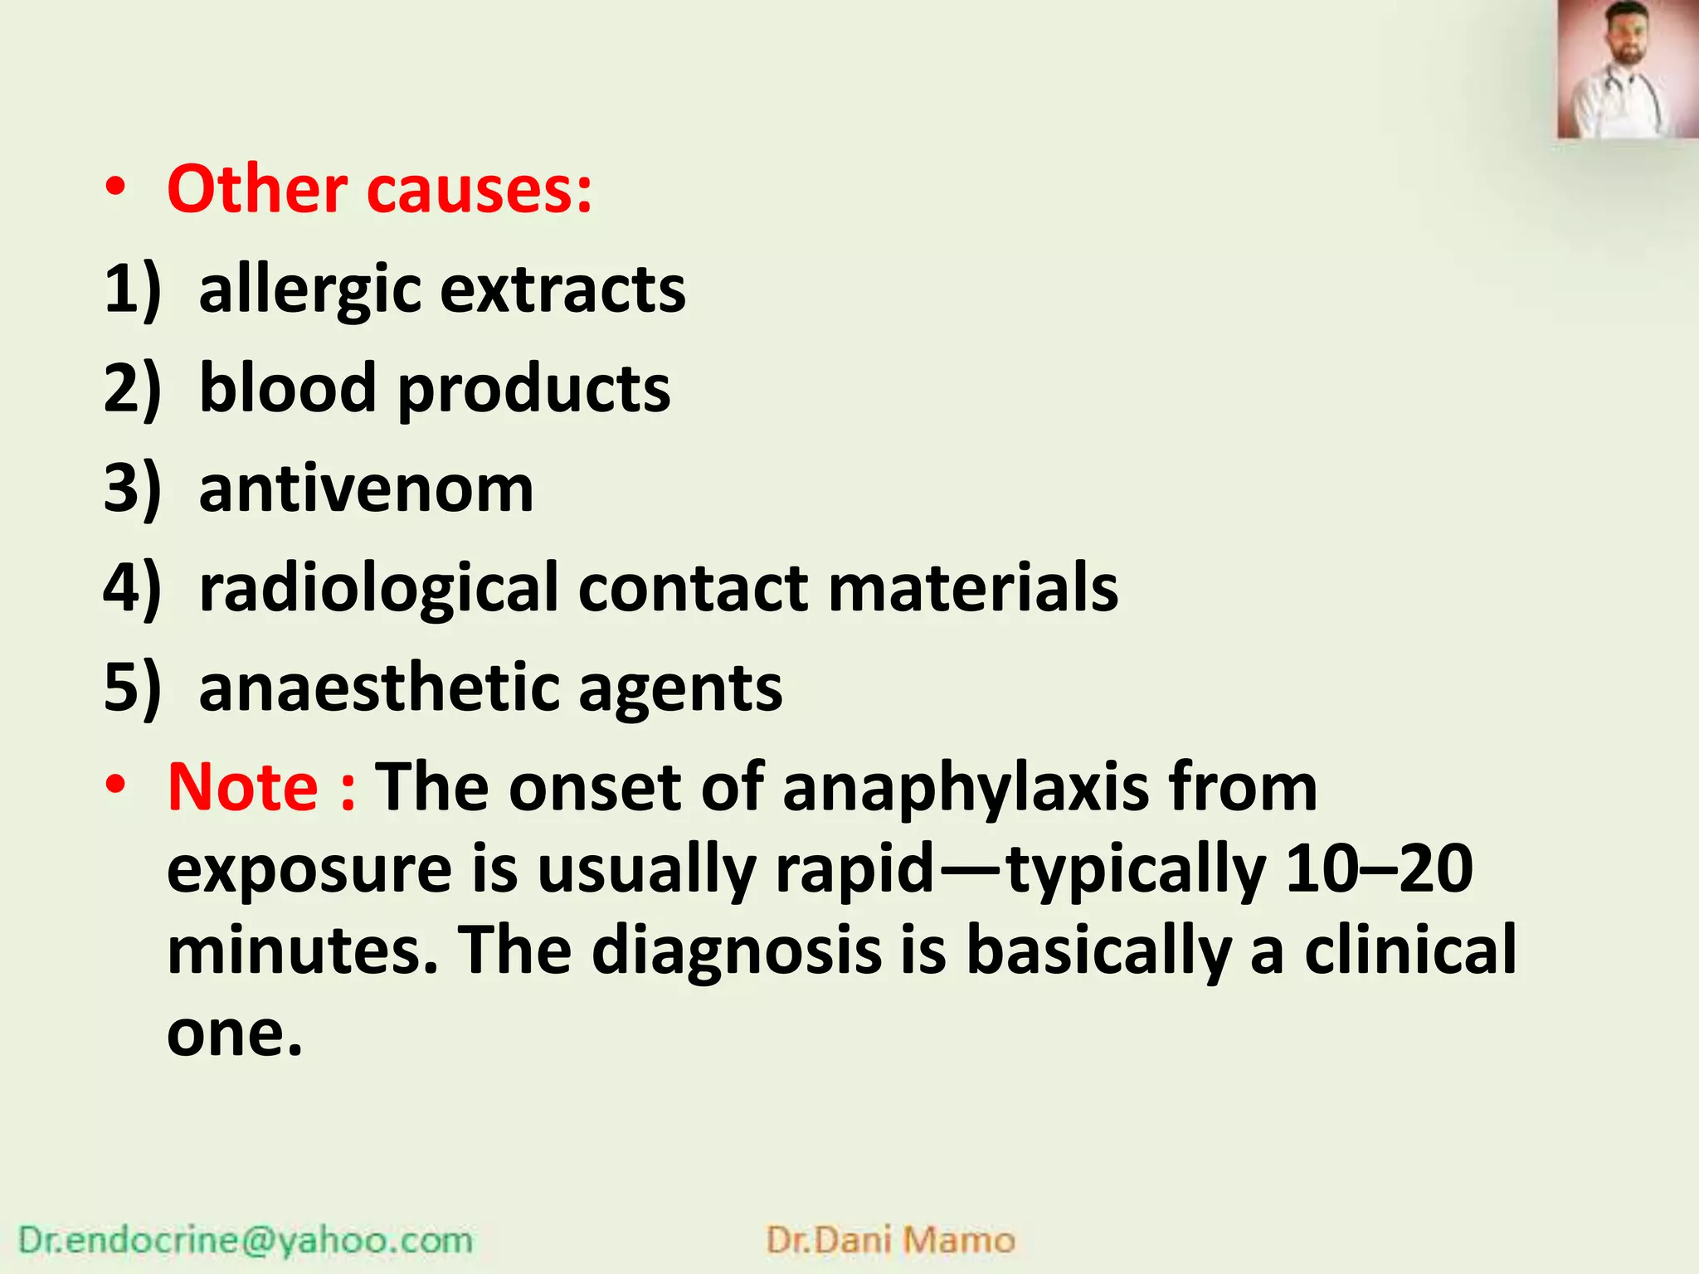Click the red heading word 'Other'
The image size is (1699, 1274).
coord(257,190)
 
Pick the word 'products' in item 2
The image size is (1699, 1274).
coord(534,390)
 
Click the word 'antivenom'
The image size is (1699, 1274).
coord(366,489)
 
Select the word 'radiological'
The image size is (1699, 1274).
coord(378,588)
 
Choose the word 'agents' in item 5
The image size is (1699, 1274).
coord(680,689)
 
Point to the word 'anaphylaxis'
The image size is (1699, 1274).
coord(966,788)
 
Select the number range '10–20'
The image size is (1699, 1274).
coord(1378,868)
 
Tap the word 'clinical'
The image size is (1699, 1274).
coord(1410,951)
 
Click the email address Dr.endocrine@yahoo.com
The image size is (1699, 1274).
coord(246,1240)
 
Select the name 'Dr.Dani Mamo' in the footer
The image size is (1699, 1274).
coord(890,1240)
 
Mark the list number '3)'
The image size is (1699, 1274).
coord(131,489)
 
